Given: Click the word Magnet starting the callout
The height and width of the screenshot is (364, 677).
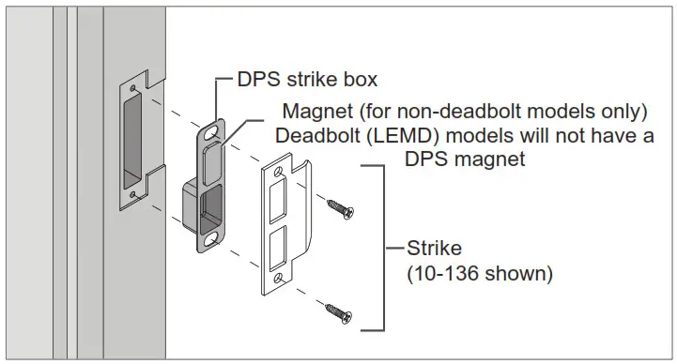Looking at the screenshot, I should coord(323,112).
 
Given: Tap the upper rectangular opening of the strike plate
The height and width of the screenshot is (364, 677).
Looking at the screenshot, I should coord(279,201).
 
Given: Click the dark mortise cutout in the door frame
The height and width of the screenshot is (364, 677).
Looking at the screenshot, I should coord(131,141).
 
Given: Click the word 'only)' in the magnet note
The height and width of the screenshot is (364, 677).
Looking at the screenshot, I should coord(623,112).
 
